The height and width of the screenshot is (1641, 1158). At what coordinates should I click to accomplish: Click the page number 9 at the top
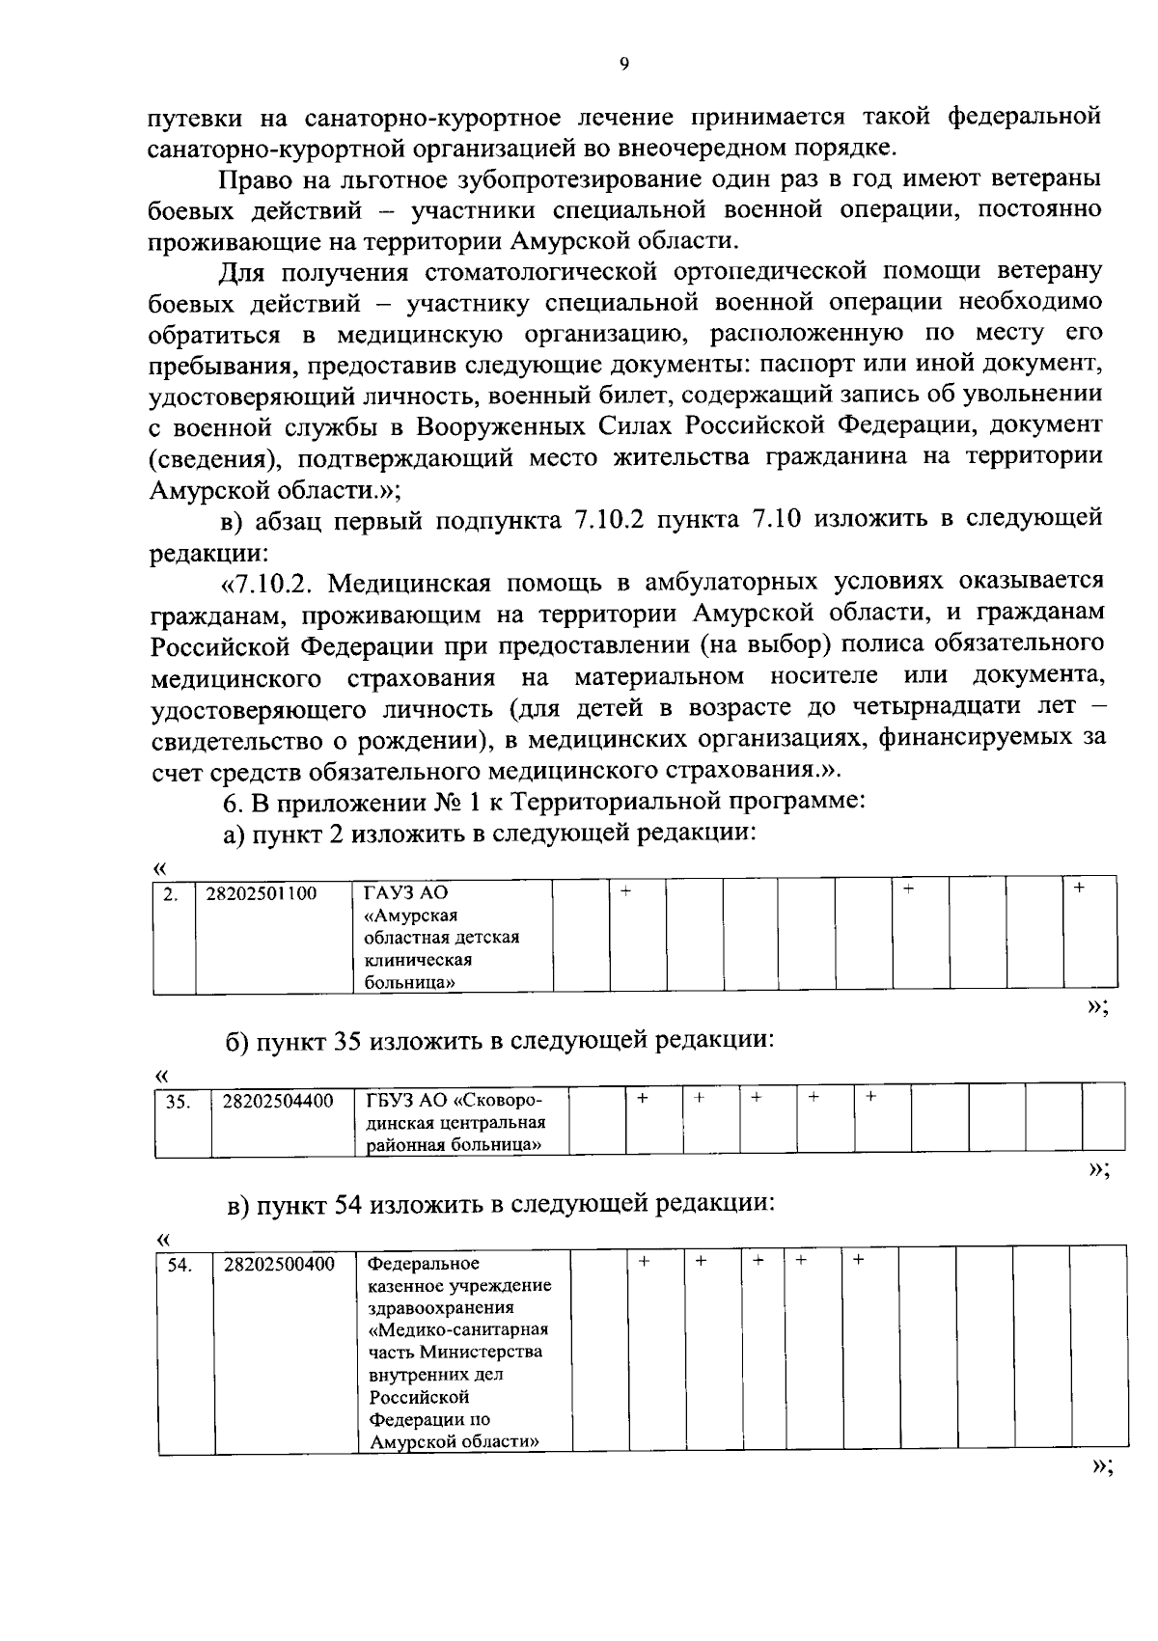click(623, 65)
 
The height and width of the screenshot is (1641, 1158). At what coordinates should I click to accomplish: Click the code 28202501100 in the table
click(262, 893)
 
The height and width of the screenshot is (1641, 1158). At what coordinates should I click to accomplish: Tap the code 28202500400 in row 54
click(279, 1264)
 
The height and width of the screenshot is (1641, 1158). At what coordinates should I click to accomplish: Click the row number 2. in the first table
click(170, 894)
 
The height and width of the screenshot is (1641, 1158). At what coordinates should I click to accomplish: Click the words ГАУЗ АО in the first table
click(393, 893)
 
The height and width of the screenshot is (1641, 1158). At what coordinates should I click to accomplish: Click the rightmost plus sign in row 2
click(1079, 887)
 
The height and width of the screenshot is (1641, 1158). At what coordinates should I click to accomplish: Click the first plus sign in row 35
click(642, 1097)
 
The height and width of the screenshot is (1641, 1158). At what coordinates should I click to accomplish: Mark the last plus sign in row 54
click(857, 1260)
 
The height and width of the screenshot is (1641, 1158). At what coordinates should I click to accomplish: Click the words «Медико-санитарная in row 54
click(458, 1330)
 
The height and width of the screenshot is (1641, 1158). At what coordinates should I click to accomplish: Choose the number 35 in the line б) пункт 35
click(347, 1040)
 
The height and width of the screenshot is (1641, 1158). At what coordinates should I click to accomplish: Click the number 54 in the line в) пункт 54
click(347, 1203)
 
